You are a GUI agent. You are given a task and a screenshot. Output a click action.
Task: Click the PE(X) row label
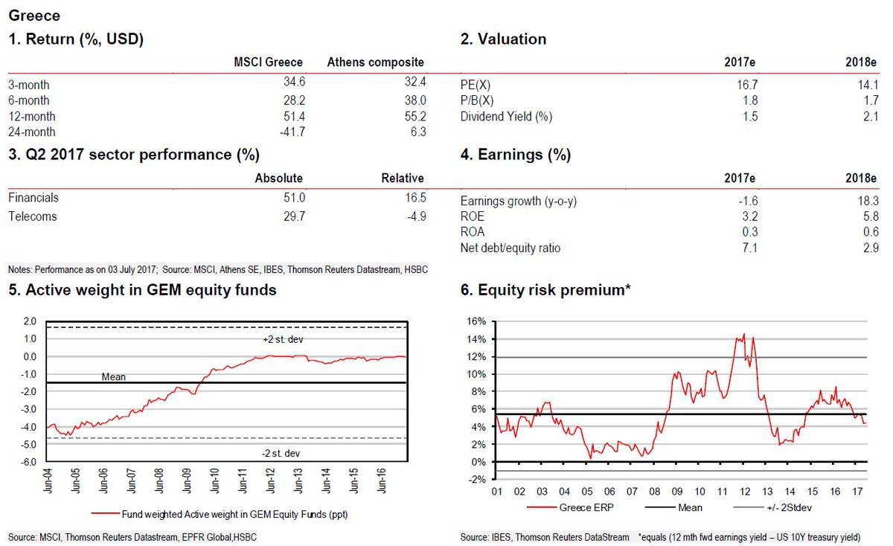point(477,86)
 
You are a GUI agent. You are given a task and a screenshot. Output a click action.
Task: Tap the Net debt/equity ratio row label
point(510,248)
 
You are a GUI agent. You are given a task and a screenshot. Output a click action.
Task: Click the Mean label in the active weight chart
point(113,377)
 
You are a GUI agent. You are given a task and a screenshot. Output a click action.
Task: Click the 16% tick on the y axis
point(476,321)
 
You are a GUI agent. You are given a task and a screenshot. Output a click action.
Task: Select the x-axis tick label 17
point(856,492)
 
